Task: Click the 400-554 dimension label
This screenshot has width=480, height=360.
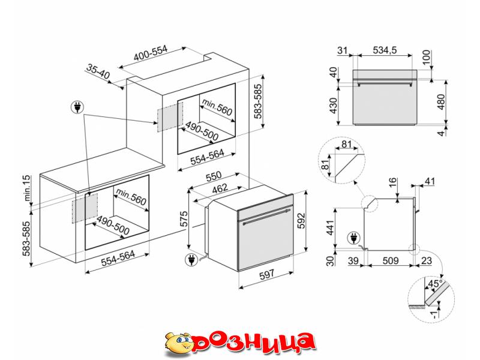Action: tap(151, 53)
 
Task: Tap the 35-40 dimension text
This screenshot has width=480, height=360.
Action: tap(98, 71)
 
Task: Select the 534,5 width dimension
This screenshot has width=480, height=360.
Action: tap(385, 50)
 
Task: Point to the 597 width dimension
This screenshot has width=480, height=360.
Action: tap(266, 274)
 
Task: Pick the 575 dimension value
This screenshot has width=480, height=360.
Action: tap(184, 219)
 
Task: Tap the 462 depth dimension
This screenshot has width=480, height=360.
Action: tap(220, 188)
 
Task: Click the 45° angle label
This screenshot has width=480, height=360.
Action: tap(435, 283)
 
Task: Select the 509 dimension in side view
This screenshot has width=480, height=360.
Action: tap(391, 260)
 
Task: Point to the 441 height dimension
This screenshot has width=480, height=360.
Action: tap(329, 227)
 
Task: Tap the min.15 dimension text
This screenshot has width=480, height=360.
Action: tap(27, 188)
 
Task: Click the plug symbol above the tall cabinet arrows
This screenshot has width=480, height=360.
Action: tap(77, 107)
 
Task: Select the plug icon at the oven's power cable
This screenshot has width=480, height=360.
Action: tap(191, 260)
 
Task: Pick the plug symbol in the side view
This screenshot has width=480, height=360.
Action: tap(353, 238)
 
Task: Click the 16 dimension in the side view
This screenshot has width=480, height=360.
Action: tap(393, 183)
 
